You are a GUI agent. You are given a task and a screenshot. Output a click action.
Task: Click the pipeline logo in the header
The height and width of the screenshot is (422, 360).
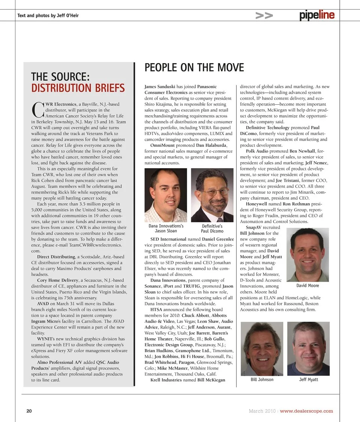(x=317, y=16)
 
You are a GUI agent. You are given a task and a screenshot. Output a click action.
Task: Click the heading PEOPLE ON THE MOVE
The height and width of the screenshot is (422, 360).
(x=194, y=68)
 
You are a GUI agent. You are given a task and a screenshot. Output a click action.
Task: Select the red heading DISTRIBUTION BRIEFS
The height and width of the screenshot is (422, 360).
(x=78, y=88)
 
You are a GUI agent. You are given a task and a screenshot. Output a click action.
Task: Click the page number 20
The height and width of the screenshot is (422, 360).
(x=29, y=411)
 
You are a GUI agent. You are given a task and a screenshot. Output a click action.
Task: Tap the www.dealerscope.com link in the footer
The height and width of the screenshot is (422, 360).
(x=306, y=411)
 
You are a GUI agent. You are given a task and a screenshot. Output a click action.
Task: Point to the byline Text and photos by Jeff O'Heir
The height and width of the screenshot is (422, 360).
(x=48, y=15)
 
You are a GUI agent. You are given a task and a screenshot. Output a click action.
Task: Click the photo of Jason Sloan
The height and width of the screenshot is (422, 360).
(x=166, y=195)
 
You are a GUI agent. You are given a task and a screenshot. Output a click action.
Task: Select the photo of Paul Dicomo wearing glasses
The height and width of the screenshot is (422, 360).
(x=212, y=195)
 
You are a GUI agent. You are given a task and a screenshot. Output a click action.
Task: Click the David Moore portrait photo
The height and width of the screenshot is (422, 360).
(x=307, y=255)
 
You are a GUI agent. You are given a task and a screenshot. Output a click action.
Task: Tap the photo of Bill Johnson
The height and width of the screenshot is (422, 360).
(x=262, y=348)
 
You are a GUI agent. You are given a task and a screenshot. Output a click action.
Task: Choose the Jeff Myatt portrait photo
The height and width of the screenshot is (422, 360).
(x=308, y=348)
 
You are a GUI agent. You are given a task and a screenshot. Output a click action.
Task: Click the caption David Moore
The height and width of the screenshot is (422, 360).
(x=307, y=286)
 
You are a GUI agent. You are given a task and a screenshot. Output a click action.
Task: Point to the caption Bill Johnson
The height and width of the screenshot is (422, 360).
(x=262, y=380)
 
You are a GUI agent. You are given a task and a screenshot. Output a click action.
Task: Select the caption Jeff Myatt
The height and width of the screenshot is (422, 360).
(x=308, y=380)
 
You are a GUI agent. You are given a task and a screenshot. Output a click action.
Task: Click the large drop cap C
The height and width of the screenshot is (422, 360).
(x=37, y=109)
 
